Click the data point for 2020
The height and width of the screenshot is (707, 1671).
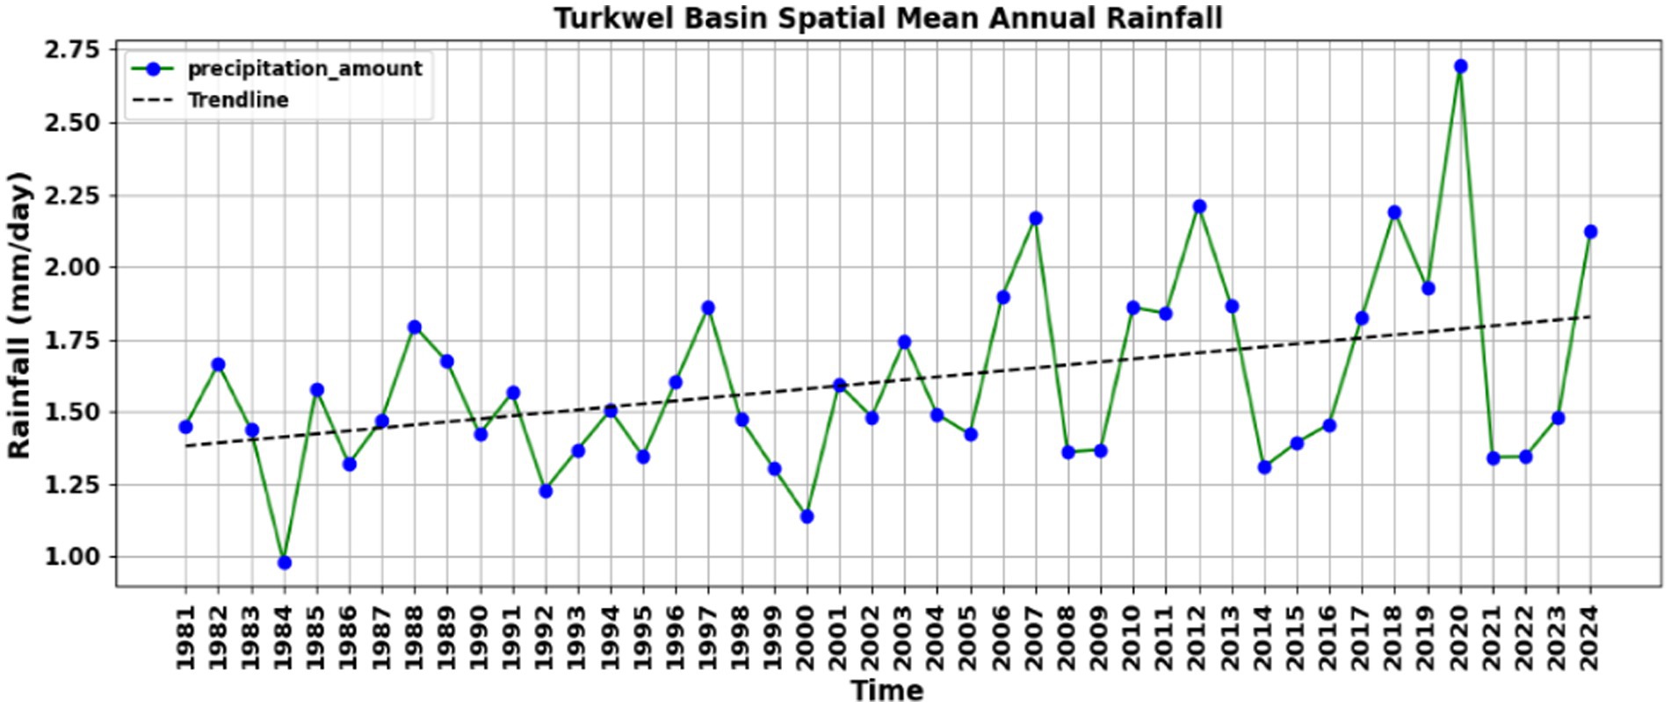1460,67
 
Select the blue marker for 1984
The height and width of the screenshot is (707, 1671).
284,562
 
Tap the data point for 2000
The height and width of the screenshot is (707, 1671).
807,516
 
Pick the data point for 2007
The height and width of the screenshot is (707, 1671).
1035,218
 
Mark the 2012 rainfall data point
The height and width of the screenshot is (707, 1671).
1199,206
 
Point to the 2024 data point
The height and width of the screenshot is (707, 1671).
1590,232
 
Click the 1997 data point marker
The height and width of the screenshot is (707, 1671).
708,307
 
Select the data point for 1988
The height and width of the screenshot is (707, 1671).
415,327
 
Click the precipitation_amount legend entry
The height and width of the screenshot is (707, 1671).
304,69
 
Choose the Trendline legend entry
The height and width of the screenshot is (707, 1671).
237,100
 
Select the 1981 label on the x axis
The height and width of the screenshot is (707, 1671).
185,637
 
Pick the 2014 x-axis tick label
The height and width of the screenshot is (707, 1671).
1264,637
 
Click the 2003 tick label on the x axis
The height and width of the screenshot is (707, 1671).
905,637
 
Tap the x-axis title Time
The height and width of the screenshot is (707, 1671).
887,691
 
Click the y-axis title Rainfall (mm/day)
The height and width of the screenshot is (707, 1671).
19,314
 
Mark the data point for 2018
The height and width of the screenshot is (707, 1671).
1394,213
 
